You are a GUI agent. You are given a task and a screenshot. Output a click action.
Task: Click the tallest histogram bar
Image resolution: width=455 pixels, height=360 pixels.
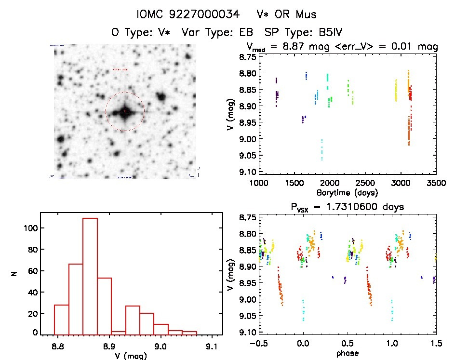click(x=90, y=276)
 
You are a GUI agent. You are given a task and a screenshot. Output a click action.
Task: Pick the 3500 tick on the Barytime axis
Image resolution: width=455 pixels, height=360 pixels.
click(x=436, y=183)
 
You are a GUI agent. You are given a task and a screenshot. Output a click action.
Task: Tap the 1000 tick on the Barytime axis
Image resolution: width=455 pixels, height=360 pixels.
click(x=259, y=183)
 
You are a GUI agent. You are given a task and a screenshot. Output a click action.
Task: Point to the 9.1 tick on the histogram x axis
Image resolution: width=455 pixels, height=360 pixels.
click(x=212, y=346)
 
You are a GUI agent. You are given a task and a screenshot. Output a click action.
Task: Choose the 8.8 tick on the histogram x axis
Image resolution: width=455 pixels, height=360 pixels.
click(x=58, y=346)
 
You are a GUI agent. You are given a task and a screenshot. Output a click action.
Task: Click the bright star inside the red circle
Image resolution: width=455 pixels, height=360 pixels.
click(x=124, y=112)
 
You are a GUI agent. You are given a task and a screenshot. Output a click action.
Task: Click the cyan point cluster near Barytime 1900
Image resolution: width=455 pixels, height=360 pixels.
click(x=321, y=149)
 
